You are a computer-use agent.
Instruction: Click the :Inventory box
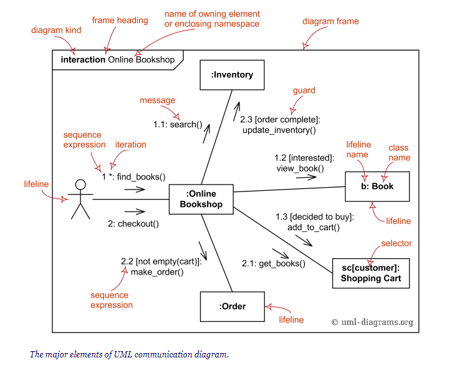pos(233,75)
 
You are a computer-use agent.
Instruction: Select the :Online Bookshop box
pos(201,199)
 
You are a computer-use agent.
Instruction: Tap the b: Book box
pos(378,186)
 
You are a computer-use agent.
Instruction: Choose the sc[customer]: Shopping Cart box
pos(370,273)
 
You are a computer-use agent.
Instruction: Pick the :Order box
pos(232,306)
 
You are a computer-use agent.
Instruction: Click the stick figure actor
pos(80,199)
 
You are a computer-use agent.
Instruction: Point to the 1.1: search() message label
pos(178,124)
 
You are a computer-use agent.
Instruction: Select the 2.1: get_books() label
pos(274,263)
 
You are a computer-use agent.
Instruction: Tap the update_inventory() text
pos(279,130)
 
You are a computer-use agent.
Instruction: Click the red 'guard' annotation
pos(304,90)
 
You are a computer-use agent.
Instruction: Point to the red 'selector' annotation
pos(396,243)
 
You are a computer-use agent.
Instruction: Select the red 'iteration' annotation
pos(131,145)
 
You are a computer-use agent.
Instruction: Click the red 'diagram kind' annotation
pos(56,30)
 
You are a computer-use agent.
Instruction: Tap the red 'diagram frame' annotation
pos(330,21)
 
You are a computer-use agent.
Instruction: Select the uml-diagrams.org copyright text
pos(372,322)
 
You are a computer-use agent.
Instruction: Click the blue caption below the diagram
pos(129,354)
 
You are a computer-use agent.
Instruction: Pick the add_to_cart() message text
pos(314,227)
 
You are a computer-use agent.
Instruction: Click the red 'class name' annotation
pos(398,152)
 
